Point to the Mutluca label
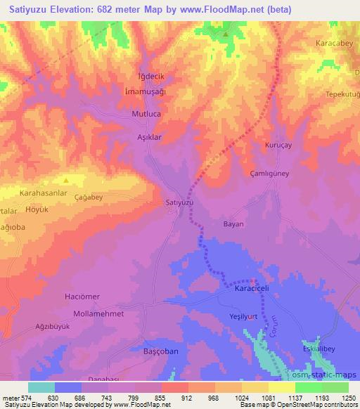tap(147, 112)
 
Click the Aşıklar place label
tap(149, 138)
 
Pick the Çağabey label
tap(89, 198)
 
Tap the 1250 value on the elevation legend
tap(349, 397)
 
